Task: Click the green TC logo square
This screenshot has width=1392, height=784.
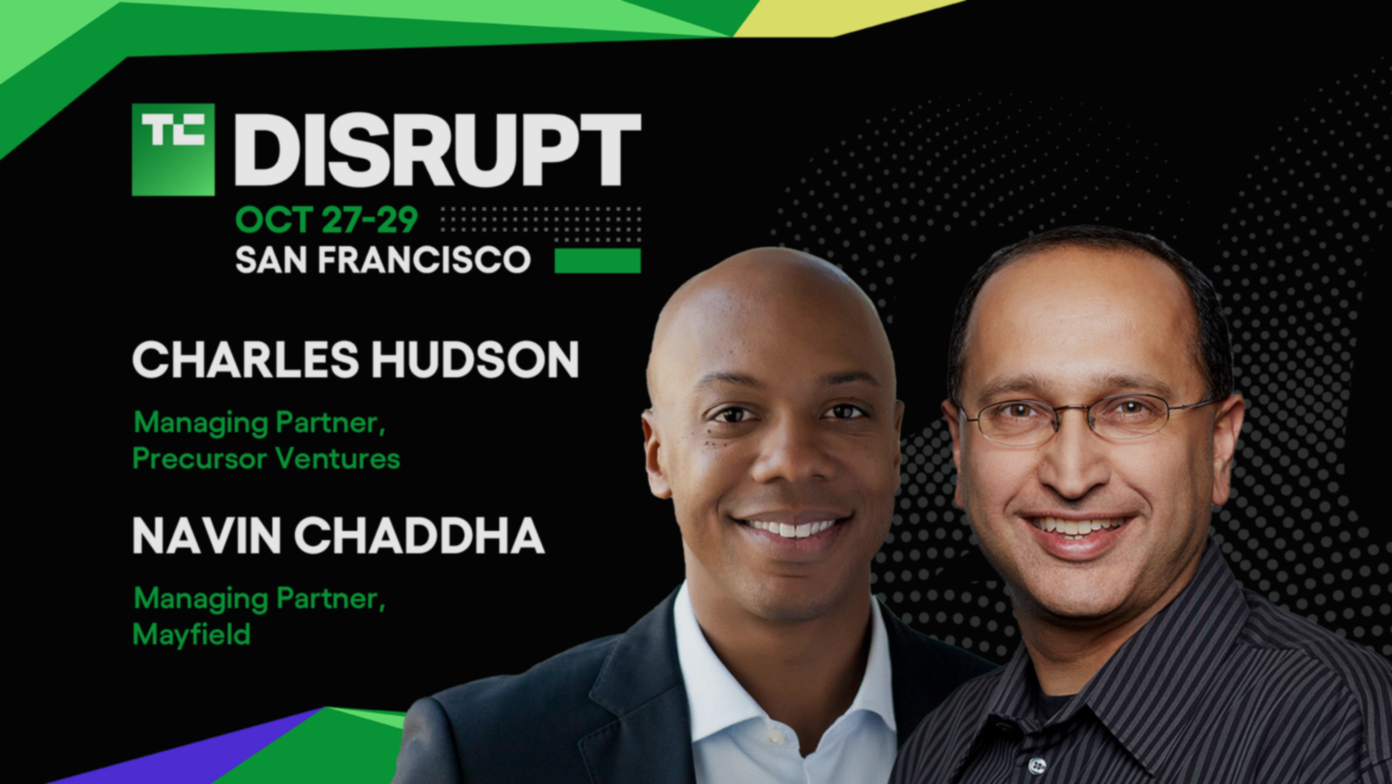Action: click(x=174, y=150)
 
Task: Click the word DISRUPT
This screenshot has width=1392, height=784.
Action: click(x=437, y=150)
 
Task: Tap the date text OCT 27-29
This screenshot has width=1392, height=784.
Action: click(x=327, y=220)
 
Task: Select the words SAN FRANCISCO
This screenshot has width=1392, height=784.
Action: click(x=383, y=260)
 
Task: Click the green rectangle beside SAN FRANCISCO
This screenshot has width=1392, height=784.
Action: click(x=597, y=260)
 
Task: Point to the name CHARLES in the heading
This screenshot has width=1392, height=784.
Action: click(x=246, y=360)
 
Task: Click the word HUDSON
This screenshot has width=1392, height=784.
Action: click(x=475, y=360)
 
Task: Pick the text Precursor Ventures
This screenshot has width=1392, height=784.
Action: click(x=266, y=459)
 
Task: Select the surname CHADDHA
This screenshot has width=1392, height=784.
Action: click(x=419, y=536)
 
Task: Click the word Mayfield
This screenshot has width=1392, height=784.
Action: click(x=192, y=635)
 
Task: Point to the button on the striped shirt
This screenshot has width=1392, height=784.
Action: click(x=1036, y=765)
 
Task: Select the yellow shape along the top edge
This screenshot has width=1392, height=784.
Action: click(x=845, y=17)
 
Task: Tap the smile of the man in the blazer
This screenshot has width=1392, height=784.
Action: click(x=790, y=528)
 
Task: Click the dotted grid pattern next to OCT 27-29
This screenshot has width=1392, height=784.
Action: click(x=541, y=225)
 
